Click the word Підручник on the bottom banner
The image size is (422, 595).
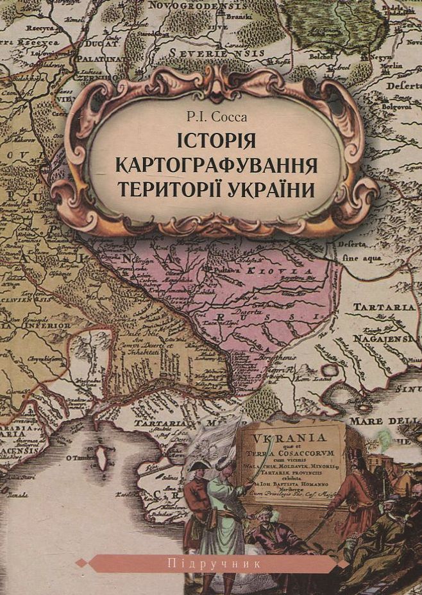tap(212, 564)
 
